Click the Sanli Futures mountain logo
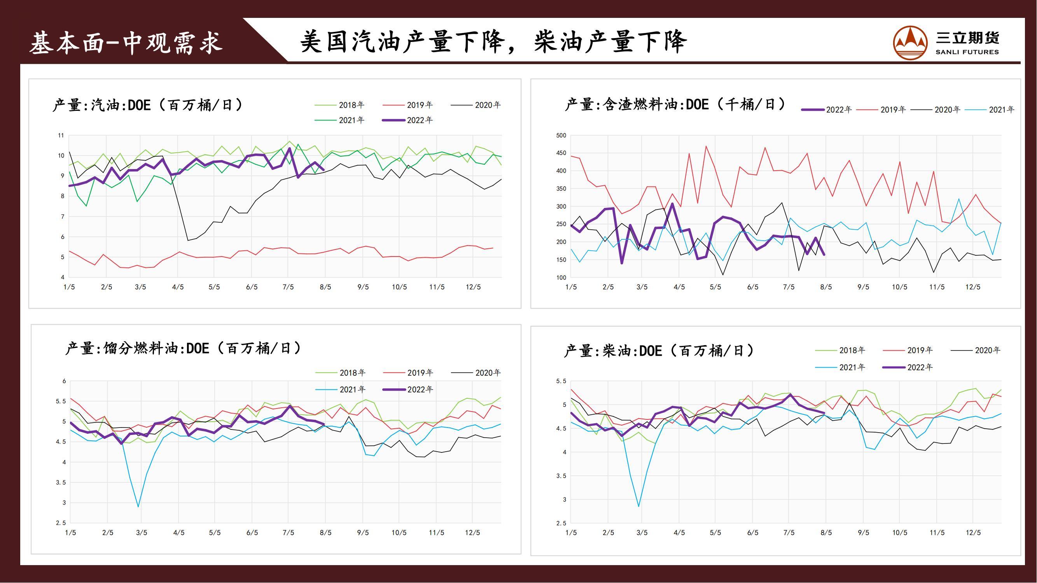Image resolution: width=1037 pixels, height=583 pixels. pyautogui.click(x=910, y=43)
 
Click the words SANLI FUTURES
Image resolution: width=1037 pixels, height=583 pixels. pyautogui.click(x=967, y=52)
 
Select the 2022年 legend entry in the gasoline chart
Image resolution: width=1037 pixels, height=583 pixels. pyautogui.click(x=419, y=120)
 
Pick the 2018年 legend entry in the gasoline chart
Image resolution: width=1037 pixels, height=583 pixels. pyautogui.click(x=351, y=105)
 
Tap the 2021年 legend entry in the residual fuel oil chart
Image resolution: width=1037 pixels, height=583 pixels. pyautogui.click(x=1001, y=110)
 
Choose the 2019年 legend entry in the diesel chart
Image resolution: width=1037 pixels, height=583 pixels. pyautogui.click(x=920, y=350)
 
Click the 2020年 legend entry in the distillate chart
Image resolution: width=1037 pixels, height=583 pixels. pyautogui.click(x=488, y=373)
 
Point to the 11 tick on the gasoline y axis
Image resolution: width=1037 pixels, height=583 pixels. pyautogui.click(x=61, y=135)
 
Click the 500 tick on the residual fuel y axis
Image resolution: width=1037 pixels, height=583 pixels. pyautogui.click(x=561, y=135)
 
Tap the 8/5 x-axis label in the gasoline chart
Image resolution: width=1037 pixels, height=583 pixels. pyautogui.click(x=325, y=287)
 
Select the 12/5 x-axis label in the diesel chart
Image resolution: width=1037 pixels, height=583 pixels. pyautogui.click(x=973, y=532)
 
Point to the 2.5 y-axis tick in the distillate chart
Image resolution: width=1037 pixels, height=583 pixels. pyautogui.click(x=61, y=523)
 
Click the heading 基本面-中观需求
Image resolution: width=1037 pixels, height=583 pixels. pyautogui.click(x=126, y=43)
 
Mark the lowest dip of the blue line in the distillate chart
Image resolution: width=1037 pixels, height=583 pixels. pyautogui.click(x=138, y=506)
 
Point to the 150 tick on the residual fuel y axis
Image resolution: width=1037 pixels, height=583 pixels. pyautogui.click(x=561, y=260)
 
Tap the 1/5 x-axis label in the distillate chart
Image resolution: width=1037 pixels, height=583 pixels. pyautogui.click(x=70, y=532)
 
